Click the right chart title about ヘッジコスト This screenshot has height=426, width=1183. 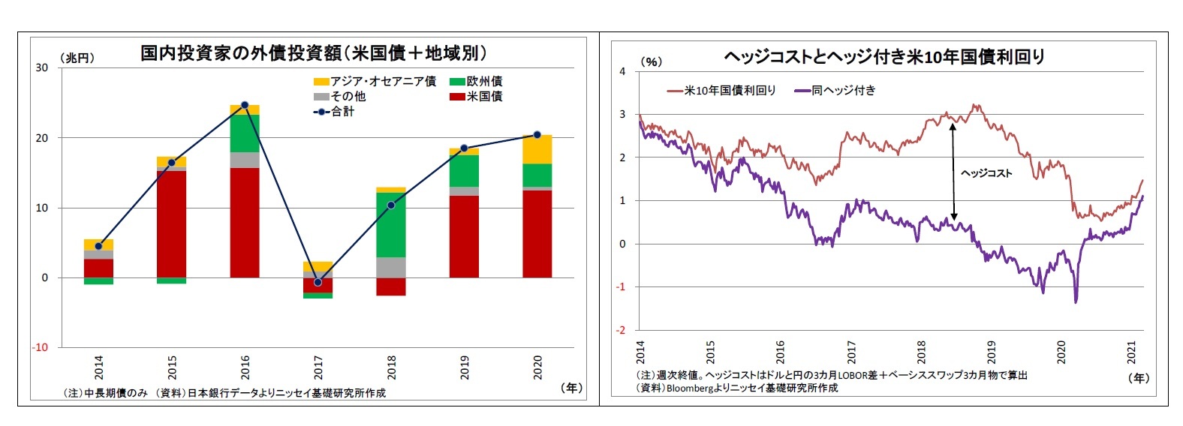click(883, 56)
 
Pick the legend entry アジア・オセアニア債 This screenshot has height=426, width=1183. click(375, 81)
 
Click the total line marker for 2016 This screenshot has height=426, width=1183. click(245, 105)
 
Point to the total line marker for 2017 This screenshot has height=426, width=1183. click(318, 282)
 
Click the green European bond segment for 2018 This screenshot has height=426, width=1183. click(391, 225)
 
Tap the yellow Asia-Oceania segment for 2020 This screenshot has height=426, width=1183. click(537, 149)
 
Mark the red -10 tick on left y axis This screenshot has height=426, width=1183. click(40, 347)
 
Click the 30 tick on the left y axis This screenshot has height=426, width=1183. click(41, 67)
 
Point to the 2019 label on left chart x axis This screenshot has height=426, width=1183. click(465, 367)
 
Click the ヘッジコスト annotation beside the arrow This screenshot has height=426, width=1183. click(986, 173)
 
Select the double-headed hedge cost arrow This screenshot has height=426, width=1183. click(953, 172)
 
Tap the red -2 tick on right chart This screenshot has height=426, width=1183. click(621, 330)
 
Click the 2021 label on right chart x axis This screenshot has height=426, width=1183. click(1131, 352)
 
